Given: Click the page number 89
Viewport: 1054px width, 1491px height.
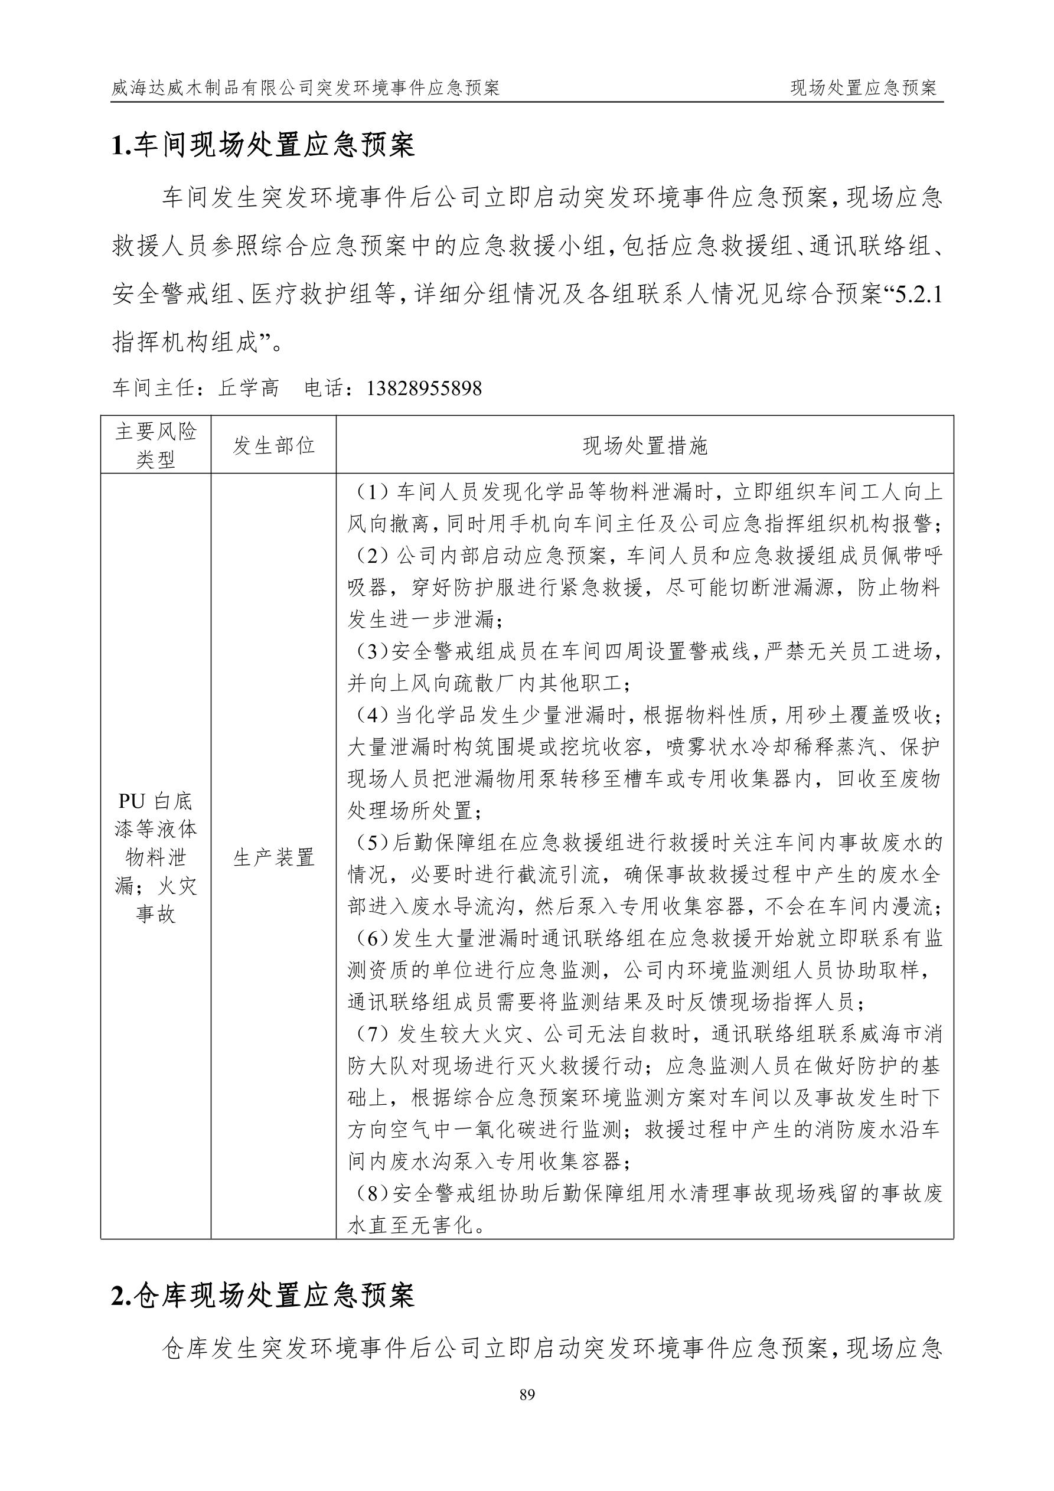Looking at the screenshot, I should [527, 1394].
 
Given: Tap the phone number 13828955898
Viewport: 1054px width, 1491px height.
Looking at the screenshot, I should [424, 389].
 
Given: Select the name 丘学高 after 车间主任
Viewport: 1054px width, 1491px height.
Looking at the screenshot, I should [249, 389].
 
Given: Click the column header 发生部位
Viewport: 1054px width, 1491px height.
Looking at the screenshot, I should [273, 445].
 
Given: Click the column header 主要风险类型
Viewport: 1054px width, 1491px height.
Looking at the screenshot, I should [156, 445].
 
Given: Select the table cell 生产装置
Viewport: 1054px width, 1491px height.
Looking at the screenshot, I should [273, 857].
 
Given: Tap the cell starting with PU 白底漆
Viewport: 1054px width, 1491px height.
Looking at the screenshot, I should [156, 857].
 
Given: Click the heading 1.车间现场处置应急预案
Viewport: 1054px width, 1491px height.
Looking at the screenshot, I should [263, 145].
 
